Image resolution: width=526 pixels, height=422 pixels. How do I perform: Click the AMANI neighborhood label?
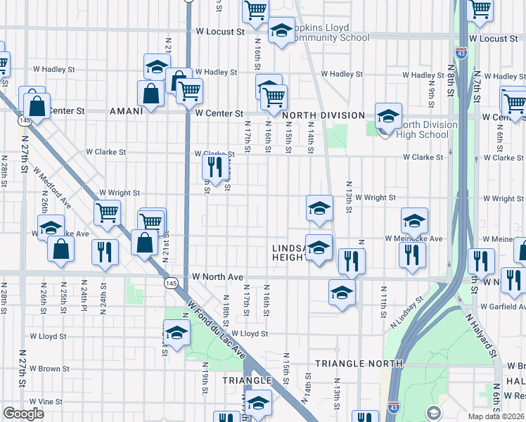click(127, 111)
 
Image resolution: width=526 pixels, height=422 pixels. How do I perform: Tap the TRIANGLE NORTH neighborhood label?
click(359, 364)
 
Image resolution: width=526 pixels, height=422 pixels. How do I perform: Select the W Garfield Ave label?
click(503, 307)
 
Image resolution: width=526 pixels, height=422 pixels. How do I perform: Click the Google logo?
click(23, 414)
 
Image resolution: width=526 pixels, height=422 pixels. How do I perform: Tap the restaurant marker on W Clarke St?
click(212, 167)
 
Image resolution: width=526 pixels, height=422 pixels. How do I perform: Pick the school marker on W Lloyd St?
click(177, 332)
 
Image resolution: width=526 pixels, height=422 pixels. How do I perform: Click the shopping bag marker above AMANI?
click(151, 94)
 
